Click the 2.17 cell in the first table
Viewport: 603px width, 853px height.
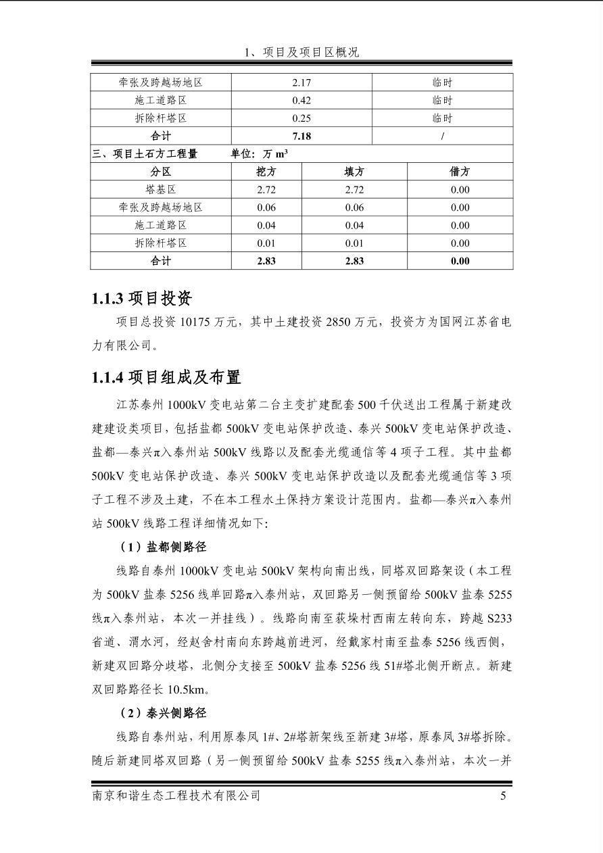301,82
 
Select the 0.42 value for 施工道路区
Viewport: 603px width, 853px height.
301,100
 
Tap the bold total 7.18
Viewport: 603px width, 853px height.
301,136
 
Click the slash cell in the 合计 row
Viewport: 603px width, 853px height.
442,136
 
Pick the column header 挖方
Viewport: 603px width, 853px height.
266,172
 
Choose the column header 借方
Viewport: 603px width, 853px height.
460,172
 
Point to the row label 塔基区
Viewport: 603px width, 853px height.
161,190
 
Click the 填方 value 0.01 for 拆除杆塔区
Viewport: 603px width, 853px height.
354,243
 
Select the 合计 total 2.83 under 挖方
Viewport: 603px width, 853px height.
266,261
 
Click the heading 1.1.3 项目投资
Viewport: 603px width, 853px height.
142,298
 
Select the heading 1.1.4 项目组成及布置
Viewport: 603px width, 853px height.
166,377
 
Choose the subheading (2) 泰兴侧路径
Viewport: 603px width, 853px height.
163,712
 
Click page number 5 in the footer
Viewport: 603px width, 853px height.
503,796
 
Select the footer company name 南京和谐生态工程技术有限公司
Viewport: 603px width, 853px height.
176,796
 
